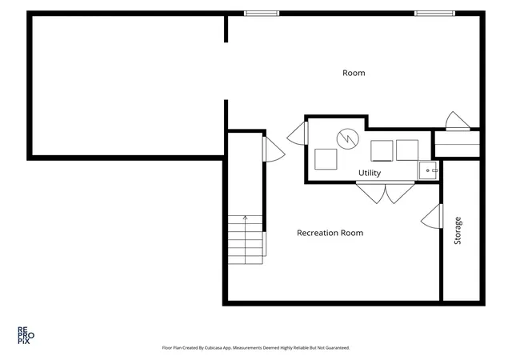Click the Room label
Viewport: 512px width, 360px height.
(354, 73)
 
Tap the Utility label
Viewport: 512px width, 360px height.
(370, 173)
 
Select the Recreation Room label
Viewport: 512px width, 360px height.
(330, 233)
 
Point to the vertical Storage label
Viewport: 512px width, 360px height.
(458, 230)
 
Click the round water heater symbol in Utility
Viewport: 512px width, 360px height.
(348, 139)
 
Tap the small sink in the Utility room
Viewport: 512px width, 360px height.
(428, 170)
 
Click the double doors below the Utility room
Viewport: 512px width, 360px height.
(386, 193)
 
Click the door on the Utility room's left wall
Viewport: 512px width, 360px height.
(298, 134)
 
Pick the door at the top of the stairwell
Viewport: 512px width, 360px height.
(274, 150)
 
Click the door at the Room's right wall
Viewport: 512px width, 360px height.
(458, 121)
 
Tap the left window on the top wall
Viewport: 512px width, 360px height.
(262, 14)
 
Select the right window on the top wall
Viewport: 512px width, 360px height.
(434, 14)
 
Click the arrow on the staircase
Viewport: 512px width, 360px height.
(246, 239)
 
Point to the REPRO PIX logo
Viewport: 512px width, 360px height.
(26, 335)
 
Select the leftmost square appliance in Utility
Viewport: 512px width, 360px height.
(326, 159)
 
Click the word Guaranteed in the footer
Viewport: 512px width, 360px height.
(339, 348)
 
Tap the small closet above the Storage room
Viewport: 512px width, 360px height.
(457, 144)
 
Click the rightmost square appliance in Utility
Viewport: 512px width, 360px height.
(407, 150)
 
